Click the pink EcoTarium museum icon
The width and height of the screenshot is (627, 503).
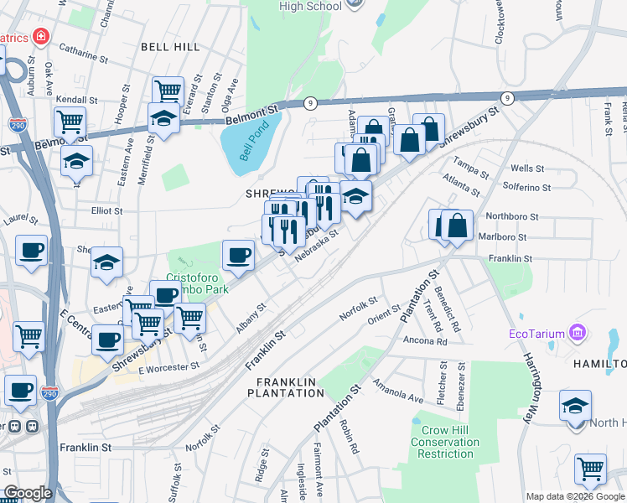click(x=577, y=334)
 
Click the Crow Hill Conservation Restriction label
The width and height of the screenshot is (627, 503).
click(x=446, y=442)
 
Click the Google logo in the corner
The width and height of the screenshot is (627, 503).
click(x=27, y=493)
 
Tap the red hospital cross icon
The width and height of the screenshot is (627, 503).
click(x=39, y=38)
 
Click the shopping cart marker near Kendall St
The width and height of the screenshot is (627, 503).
click(x=70, y=122)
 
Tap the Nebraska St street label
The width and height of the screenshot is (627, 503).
click(x=316, y=246)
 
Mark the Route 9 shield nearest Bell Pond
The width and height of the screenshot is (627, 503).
click(x=309, y=101)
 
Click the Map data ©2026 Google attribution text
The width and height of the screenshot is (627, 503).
click(x=574, y=496)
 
